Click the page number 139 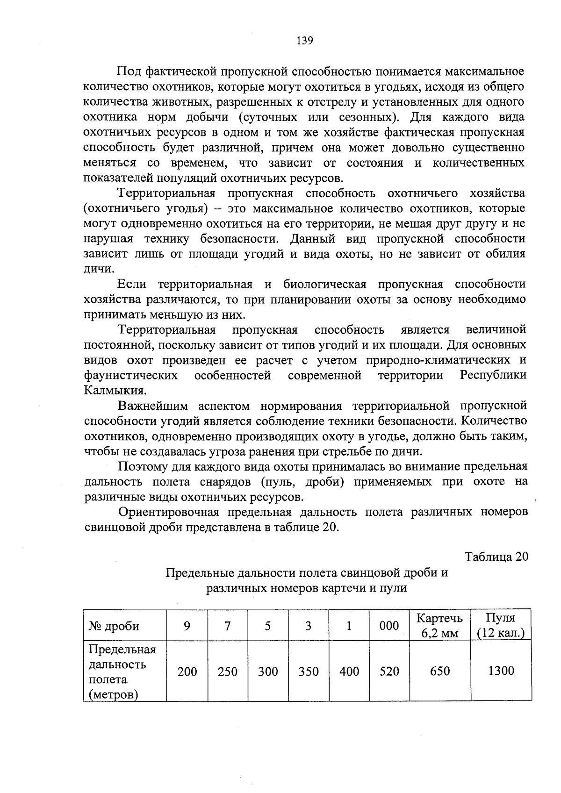pyautogui.click(x=304, y=41)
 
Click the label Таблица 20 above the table pyautogui.click(x=496, y=557)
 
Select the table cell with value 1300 pyautogui.click(x=501, y=671)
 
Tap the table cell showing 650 pyautogui.click(x=439, y=671)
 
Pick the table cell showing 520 pyautogui.click(x=389, y=672)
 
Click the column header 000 pyautogui.click(x=389, y=626)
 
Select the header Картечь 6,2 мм pyautogui.click(x=439, y=626)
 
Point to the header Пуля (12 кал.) pyautogui.click(x=501, y=625)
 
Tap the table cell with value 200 pyautogui.click(x=187, y=672)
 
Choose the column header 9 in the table pyautogui.click(x=187, y=626)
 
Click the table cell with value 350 pyautogui.click(x=309, y=672)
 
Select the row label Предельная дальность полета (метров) pyautogui.click(x=122, y=672)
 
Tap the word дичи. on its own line pyautogui.click(x=98, y=269)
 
